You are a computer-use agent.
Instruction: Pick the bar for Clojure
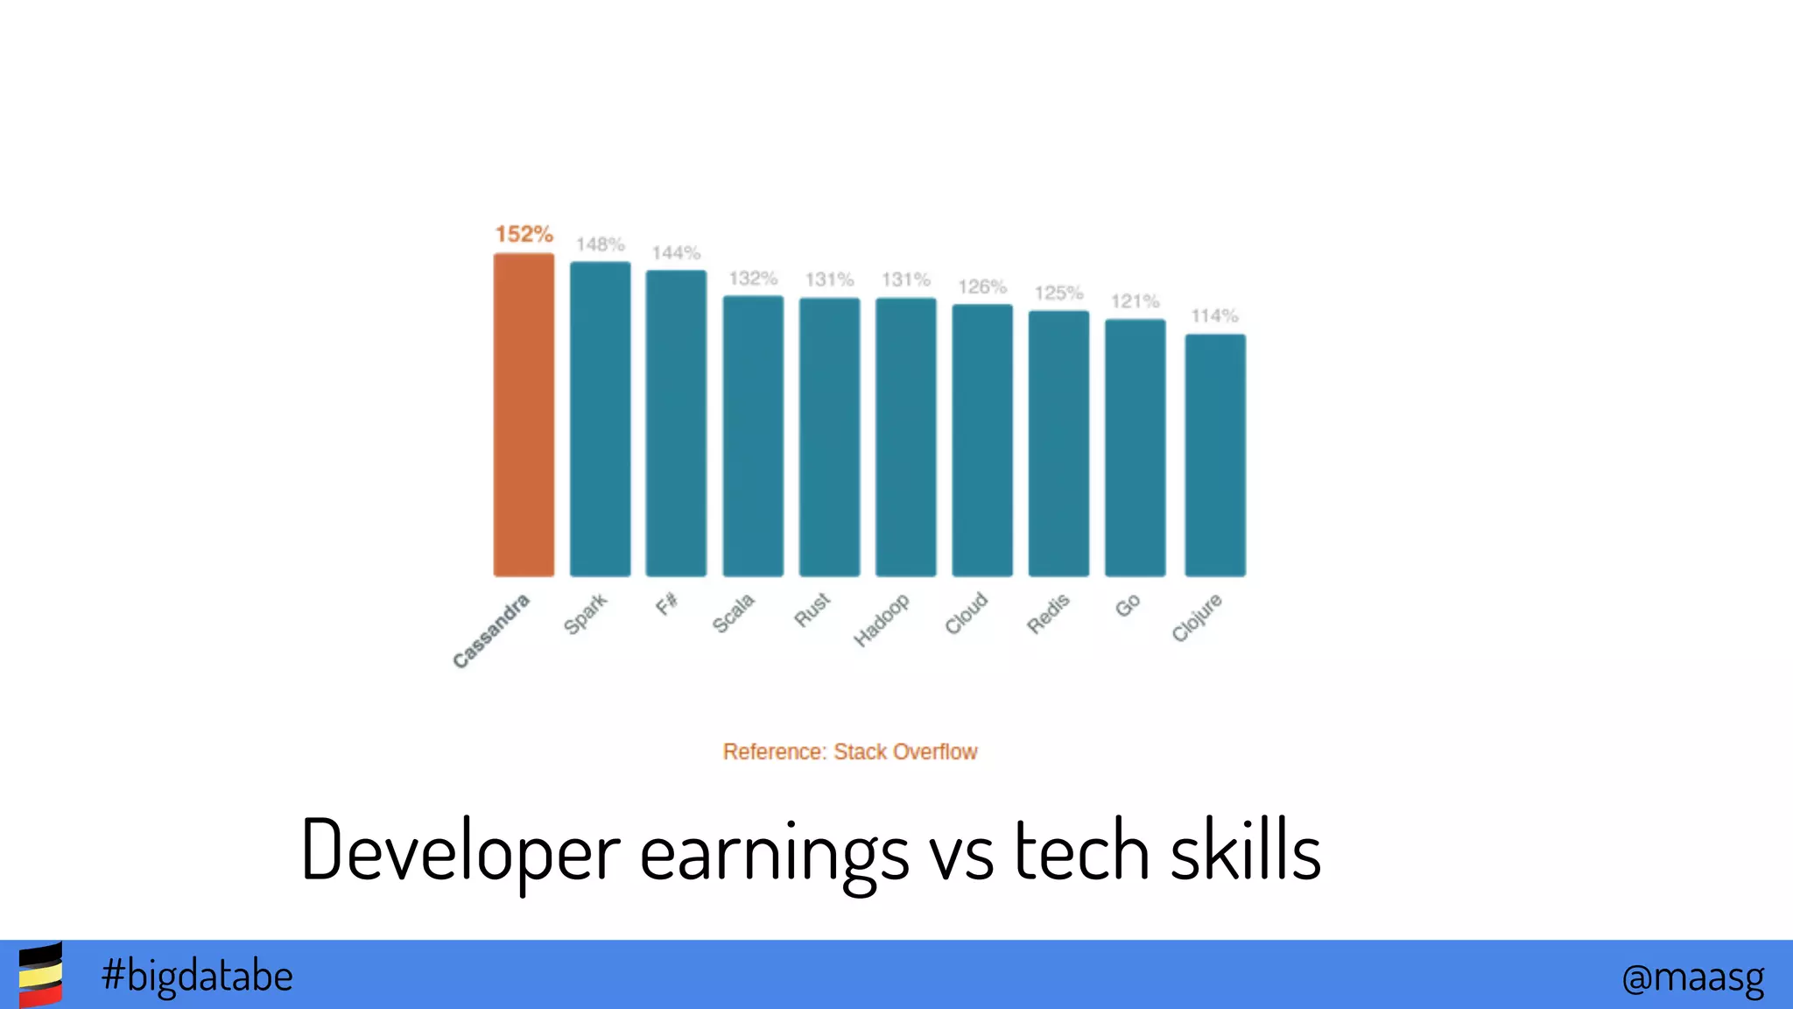[1215, 455]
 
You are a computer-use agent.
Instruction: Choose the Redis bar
[1058, 443]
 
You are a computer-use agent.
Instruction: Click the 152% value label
[524, 234]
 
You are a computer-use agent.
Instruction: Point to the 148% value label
[600, 244]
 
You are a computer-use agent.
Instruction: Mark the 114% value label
[1214, 316]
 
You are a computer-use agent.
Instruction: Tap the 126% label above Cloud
[982, 287]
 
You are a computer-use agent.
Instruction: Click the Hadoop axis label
[882, 620]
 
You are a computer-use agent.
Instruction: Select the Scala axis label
[734, 613]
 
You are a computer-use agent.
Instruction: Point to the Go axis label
[1128, 605]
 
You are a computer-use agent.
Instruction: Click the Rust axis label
[812, 610]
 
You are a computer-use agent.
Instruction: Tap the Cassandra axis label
[491, 631]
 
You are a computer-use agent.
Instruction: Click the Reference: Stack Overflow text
[849, 751]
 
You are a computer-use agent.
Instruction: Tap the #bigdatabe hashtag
[197, 976]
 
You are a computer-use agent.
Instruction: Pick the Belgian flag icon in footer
[40, 975]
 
